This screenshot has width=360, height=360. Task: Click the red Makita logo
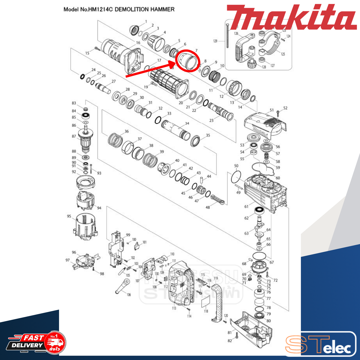pos(291,17)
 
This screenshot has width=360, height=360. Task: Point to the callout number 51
pos(272,110)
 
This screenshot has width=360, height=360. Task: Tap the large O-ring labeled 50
pos(236,177)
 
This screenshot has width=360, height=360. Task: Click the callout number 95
pos(69,216)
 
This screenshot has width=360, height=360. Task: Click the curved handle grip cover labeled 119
pos(218,302)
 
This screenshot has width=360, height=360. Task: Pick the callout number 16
pos(138,43)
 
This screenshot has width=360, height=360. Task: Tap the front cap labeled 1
pos(134,29)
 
